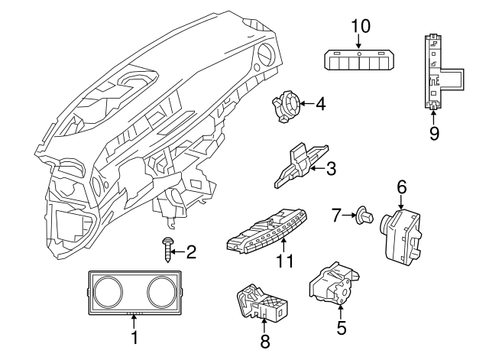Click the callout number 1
[x=134, y=336]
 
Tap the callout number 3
[x=331, y=168]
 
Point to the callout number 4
[x=320, y=102]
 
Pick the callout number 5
[x=341, y=328]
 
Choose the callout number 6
[x=402, y=186]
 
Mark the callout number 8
[x=264, y=342]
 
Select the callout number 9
[x=434, y=134]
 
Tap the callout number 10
[x=361, y=25]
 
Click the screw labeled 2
[x=167, y=250]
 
